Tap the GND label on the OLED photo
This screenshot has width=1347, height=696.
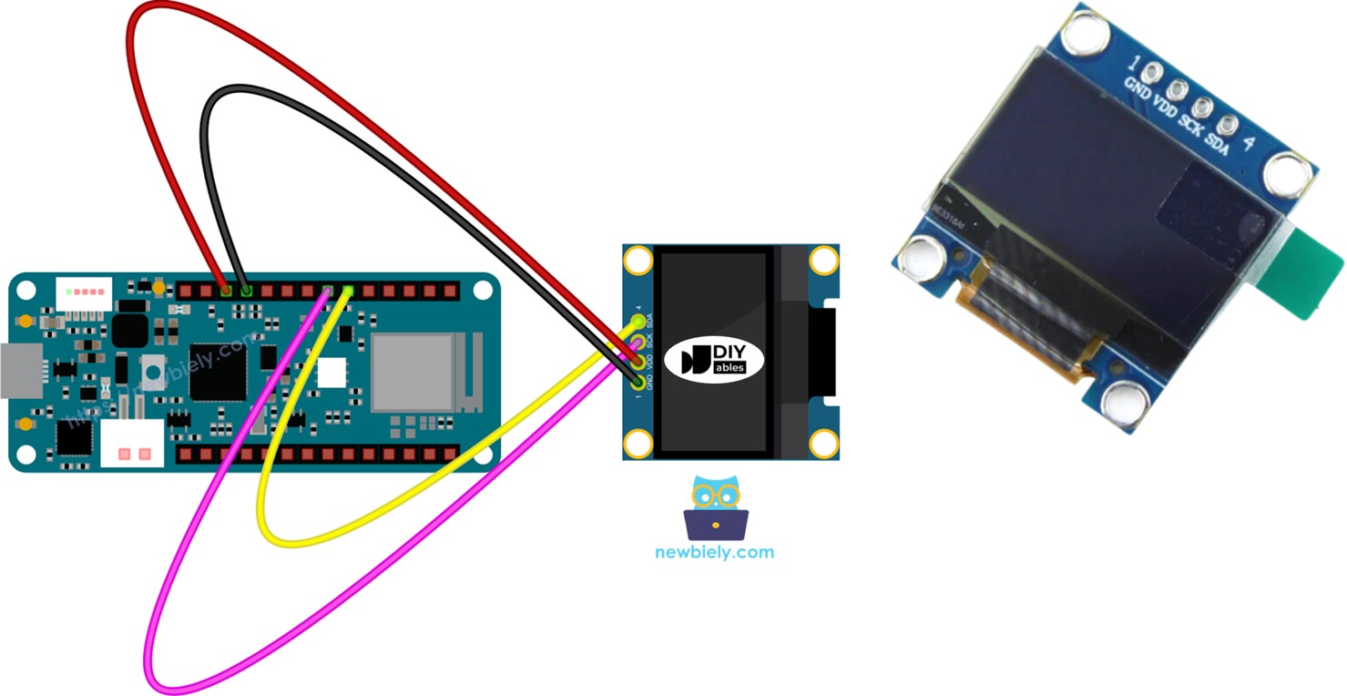click(1138, 90)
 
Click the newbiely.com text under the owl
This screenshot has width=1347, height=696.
click(714, 552)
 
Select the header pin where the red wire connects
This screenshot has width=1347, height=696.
click(226, 292)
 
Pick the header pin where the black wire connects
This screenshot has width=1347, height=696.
click(246, 292)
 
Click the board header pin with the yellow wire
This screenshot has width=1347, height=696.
click(348, 292)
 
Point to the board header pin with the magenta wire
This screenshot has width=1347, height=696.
click(328, 292)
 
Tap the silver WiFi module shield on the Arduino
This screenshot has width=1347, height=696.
click(412, 374)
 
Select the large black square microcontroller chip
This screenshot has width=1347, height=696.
click(218, 371)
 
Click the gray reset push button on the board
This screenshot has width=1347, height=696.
click(154, 372)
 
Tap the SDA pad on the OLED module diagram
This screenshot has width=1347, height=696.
click(638, 322)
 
